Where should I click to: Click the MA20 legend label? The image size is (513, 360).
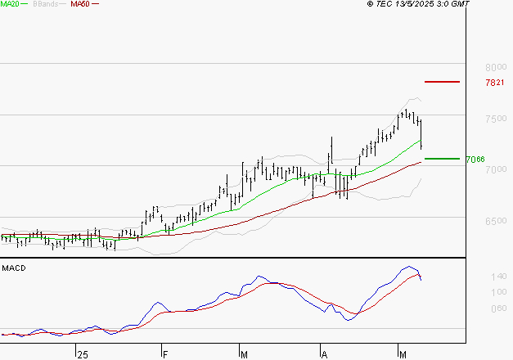point(10,4)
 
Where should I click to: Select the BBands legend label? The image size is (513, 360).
point(46,4)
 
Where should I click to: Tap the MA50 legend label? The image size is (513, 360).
point(80,4)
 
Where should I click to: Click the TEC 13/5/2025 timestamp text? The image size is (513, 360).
point(419,4)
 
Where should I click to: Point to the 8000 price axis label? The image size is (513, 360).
point(496,67)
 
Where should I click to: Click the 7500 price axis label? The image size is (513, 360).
point(496,119)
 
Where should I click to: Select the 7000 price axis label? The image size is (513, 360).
point(496,170)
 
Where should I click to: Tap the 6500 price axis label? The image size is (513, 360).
point(496,222)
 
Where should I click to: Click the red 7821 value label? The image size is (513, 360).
point(494,83)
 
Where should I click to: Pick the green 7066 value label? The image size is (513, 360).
point(475,160)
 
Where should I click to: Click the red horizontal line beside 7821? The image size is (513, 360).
point(442,82)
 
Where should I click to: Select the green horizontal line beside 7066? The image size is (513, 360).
point(442,159)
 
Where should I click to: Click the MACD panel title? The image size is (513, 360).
point(13,268)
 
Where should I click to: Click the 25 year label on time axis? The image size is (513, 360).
point(81,354)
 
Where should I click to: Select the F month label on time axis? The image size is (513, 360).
point(164,354)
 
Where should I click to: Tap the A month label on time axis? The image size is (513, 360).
point(324,354)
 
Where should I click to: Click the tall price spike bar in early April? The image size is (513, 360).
point(332,151)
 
